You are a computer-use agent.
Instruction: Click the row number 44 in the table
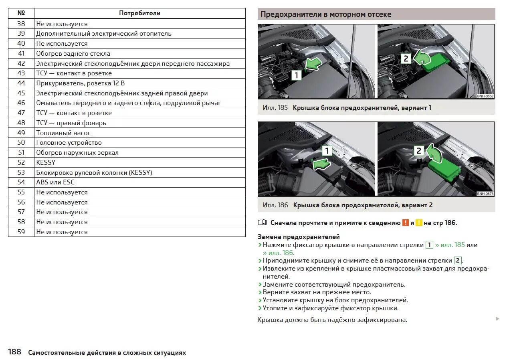point(21,83)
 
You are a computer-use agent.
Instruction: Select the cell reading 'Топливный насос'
point(63,133)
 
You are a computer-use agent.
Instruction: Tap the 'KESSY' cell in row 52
point(46,162)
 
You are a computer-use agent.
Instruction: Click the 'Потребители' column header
point(139,13)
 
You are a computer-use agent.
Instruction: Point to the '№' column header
point(21,13)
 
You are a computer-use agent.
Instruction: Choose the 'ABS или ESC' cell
point(55,182)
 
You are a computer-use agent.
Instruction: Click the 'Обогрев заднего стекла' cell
point(73,54)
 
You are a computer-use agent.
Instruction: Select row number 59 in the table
point(21,232)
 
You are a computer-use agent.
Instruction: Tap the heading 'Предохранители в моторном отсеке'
point(326,14)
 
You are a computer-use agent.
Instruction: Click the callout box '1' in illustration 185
point(296,75)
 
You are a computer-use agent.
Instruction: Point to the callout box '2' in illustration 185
point(406,59)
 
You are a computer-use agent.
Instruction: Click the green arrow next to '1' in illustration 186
point(321,164)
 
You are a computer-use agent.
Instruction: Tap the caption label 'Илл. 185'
point(275,108)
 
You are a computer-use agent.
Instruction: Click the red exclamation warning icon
point(405,223)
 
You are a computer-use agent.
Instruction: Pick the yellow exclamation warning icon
point(419,223)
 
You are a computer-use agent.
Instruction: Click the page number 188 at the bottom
point(14,352)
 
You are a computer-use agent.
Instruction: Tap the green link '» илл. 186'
point(278,253)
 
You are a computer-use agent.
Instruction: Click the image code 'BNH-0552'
point(485,96)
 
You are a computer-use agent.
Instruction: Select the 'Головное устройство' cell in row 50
point(69,143)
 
